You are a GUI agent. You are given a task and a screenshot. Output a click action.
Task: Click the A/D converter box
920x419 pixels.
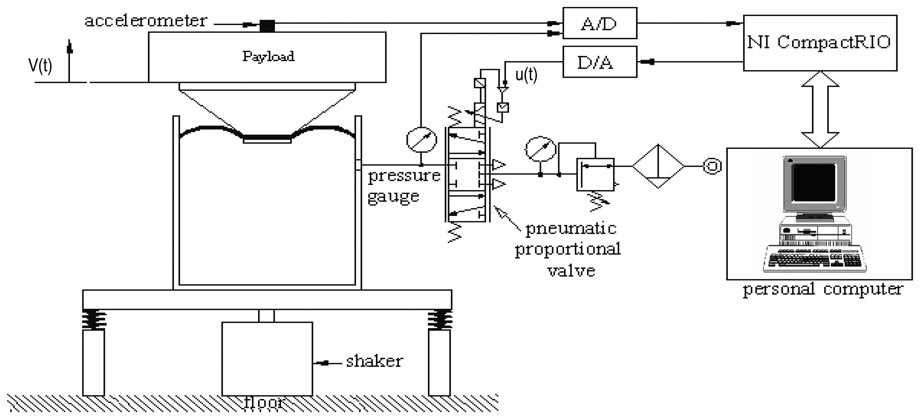pos(599,23)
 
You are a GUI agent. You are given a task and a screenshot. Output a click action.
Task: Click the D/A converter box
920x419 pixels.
pos(599,62)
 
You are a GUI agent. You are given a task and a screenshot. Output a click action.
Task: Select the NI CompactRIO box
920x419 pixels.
pos(820,43)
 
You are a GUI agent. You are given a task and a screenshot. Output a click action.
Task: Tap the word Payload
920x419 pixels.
pos(268,56)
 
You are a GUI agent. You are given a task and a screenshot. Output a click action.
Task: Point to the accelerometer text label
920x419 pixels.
pos(146,21)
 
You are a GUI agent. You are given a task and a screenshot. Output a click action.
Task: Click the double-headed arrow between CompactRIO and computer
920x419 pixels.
pos(820,109)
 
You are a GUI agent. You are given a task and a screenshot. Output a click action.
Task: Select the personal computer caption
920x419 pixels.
pos(822,290)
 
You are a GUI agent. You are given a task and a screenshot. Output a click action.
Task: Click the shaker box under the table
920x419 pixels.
pos(267,358)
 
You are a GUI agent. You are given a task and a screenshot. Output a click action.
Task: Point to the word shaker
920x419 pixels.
pos(374,361)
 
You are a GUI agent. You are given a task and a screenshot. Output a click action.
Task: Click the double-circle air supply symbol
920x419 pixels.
pos(712,166)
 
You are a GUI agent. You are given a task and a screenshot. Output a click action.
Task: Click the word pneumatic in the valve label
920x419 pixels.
pos(571,228)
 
